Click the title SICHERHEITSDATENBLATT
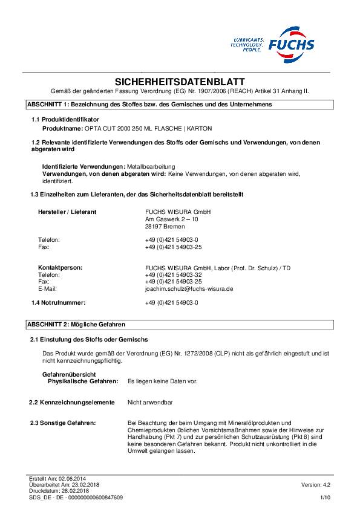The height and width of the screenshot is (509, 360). point(180,82)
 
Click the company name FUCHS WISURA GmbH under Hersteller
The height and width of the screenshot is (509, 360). point(169,212)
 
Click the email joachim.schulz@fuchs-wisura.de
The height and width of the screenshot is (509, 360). point(189,289)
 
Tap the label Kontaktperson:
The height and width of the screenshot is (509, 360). point(61,267)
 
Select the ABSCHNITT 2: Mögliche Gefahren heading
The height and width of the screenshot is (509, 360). point(77,325)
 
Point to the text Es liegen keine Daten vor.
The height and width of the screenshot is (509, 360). point(163,381)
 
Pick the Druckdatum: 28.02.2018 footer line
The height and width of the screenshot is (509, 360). point(56,491)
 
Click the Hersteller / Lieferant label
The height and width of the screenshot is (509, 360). point(67,212)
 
